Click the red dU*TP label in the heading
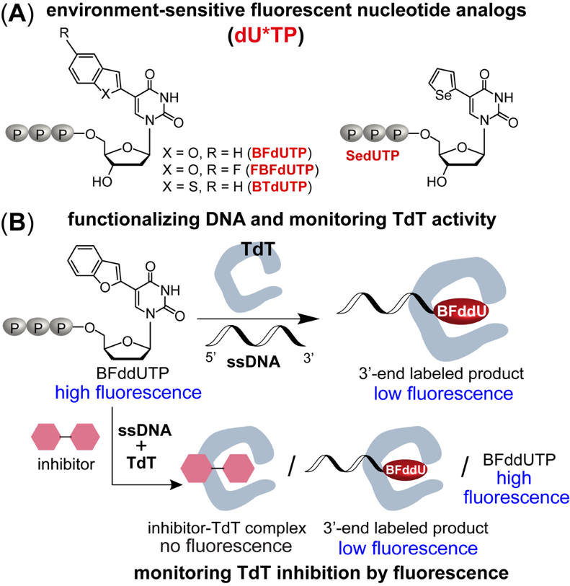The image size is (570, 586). [285, 35]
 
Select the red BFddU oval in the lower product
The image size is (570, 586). [406, 469]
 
